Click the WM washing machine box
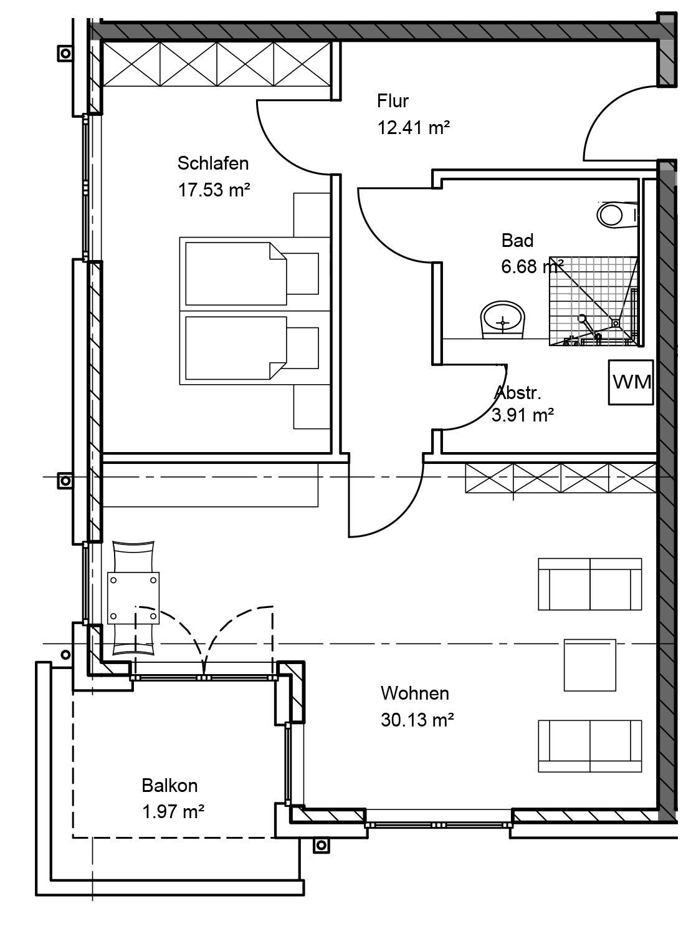coord(631,382)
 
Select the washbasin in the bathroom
coord(503,320)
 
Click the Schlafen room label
coord(212,163)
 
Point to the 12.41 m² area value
coord(414,127)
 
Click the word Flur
coord(393,101)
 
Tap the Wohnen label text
coord(415,693)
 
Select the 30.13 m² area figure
coord(417,720)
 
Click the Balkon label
coord(169,786)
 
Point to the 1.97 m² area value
coord(173,812)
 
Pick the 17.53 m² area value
coord(214,190)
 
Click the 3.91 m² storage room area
coord(523,415)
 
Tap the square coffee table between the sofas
coord(589,665)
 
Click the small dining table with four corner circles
coord(133,598)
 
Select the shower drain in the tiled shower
coord(616,323)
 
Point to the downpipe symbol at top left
coord(65,54)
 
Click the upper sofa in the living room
coord(589,584)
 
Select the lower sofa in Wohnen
coord(589,746)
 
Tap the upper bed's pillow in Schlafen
coord(302,274)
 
